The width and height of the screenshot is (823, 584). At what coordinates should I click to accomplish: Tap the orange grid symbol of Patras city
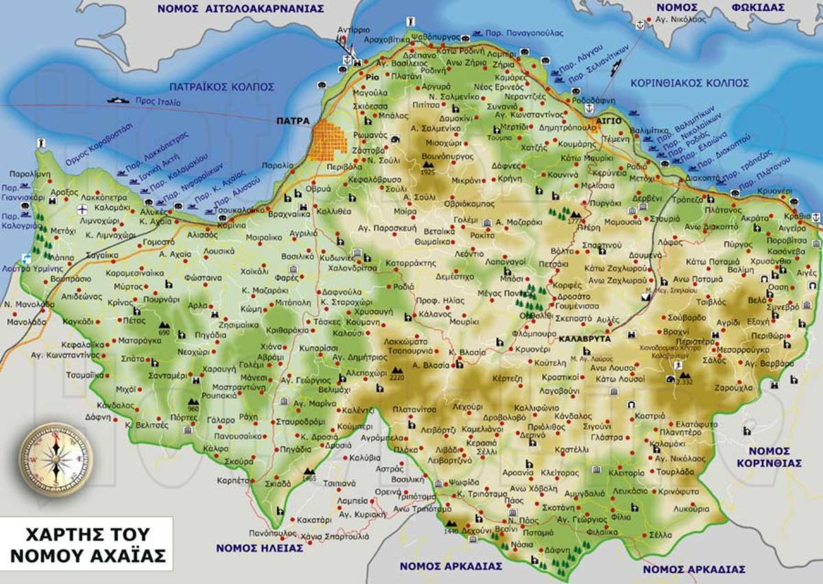(x=331, y=141)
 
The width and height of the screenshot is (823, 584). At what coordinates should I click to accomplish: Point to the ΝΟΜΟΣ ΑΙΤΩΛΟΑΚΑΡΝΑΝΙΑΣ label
(x=239, y=8)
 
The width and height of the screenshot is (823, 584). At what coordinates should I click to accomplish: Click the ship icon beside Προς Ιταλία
(x=118, y=100)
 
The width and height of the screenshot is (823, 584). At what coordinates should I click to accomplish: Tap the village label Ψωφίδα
(x=464, y=482)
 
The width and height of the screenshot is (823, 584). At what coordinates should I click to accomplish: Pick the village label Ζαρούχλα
(x=748, y=387)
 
